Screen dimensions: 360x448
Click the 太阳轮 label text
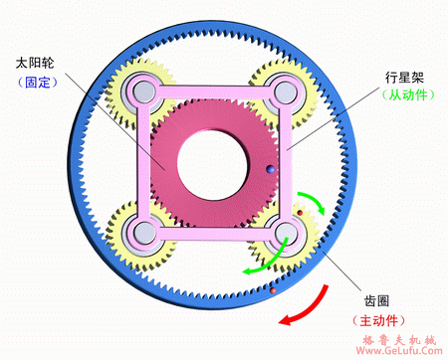[36, 63]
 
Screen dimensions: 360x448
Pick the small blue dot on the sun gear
[268, 171]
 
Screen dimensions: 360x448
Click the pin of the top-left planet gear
[141, 94]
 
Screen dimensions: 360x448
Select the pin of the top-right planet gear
[284, 92]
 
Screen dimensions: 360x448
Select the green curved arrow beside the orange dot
[316, 205]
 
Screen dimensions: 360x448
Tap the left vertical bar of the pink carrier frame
[142, 164]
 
